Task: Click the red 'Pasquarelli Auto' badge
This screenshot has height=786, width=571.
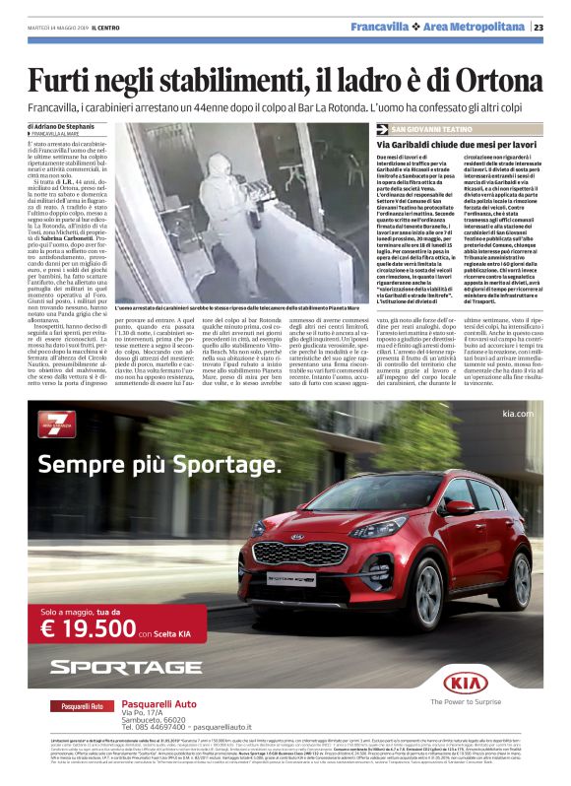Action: coord(83,706)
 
